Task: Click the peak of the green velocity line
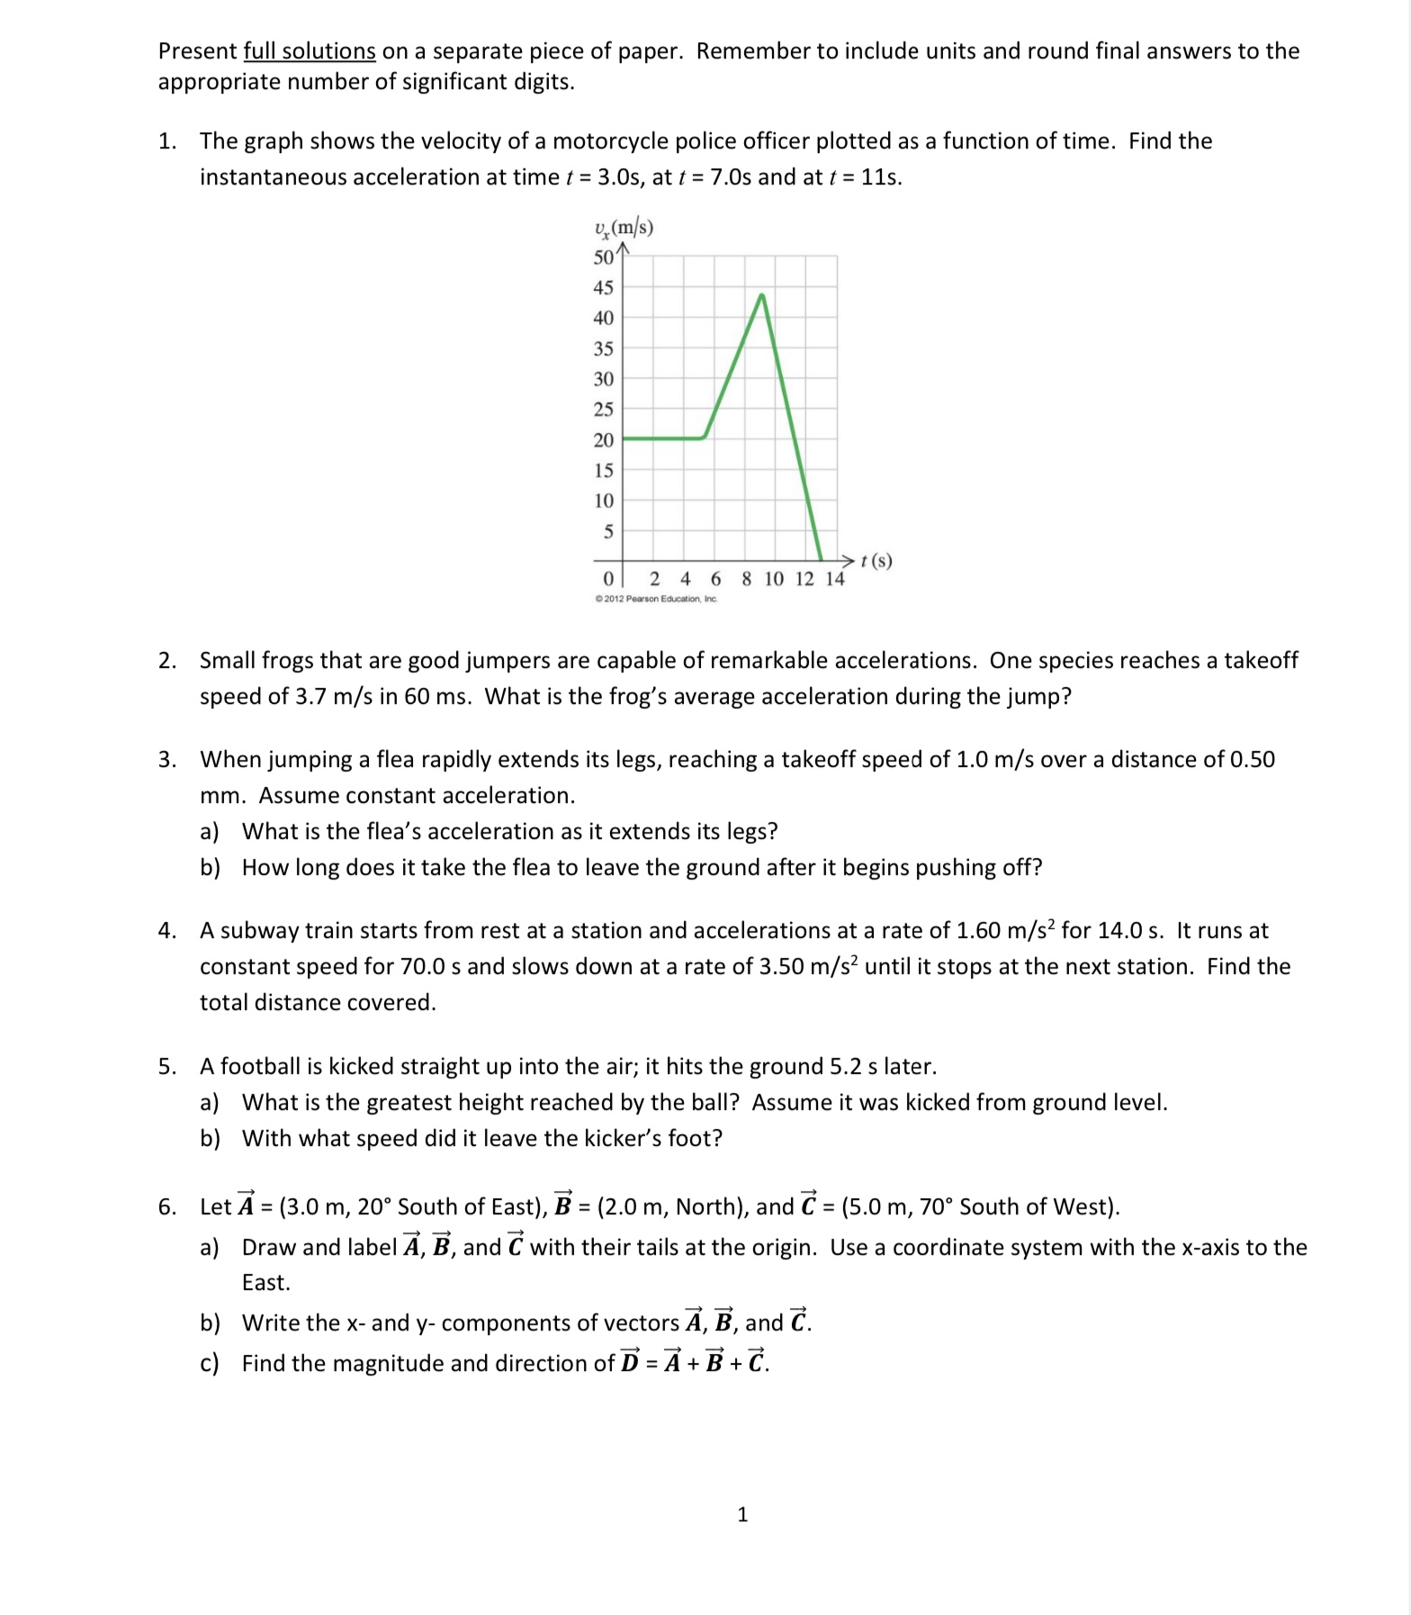[x=762, y=295]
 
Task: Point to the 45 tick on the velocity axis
[x=603, y=288]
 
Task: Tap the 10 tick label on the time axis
[x=774, y=579]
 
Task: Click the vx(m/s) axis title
[x=623, y=228]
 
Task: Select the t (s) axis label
[x=876, y=561]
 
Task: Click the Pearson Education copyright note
[x=656, y=599]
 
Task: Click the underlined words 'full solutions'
[x=309, y=51]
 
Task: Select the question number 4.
[x=166, y=931]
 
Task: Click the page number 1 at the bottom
[x=742, y=1515]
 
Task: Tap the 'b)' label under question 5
[x=210, y=1139]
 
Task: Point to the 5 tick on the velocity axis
[x=607, y=531]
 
